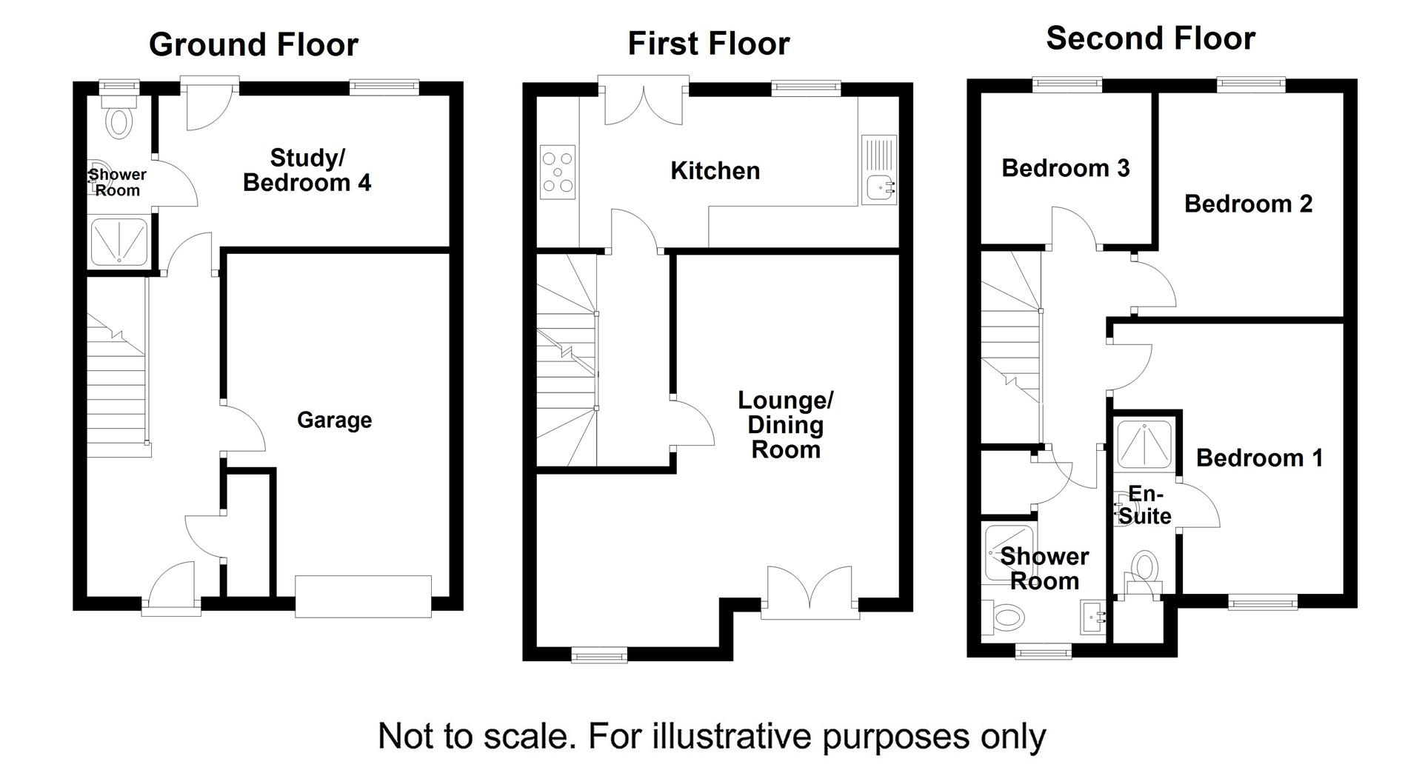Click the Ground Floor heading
coord(253,44)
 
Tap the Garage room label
coord(334,420)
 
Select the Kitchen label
coord(715,171)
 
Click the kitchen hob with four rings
coord(558,172)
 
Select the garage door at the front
coord(363,596)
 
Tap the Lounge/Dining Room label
coord(785,425)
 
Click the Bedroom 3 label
coord(1065,168)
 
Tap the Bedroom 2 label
coord(1248,204)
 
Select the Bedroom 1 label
coord(1259,458)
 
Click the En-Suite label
coord(1144,506)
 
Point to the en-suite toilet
coord(1144,569)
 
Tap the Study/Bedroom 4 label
coord(307,170)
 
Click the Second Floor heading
coord(1149,39)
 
